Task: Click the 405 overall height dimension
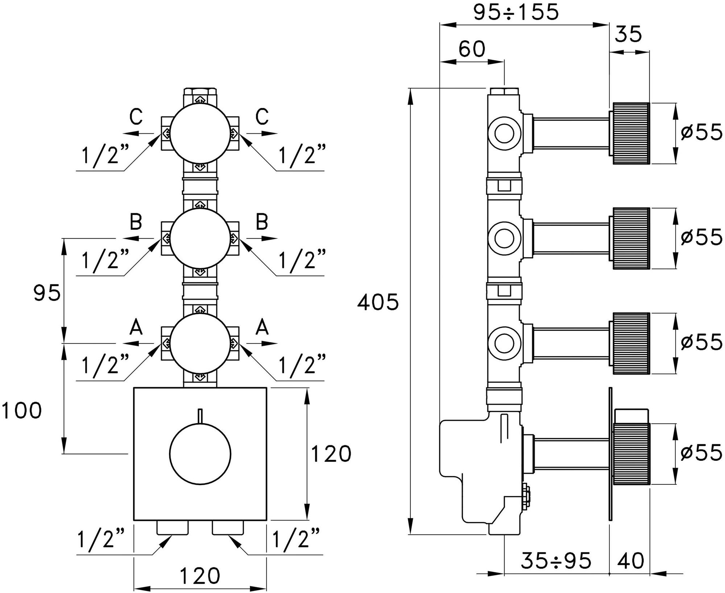(x=378, y=303)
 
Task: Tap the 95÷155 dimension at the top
(x=517, y=13)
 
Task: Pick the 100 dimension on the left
(x=22, y=411)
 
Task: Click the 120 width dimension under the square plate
(x=200, y=575)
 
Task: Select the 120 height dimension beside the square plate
(x=331, y=454)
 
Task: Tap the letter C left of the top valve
(x=136, y=117)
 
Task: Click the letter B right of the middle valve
(x=262, y=222)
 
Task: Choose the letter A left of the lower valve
(x=136, y=328)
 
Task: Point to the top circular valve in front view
(x=200, y=134)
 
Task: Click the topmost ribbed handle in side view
(x=631, y=134)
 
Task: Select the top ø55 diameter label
(x=701, y=133)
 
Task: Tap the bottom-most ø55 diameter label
(x=701, y=453)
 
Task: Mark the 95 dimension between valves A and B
(x=47, y=293)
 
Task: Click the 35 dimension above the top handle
(x=629, y=34)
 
